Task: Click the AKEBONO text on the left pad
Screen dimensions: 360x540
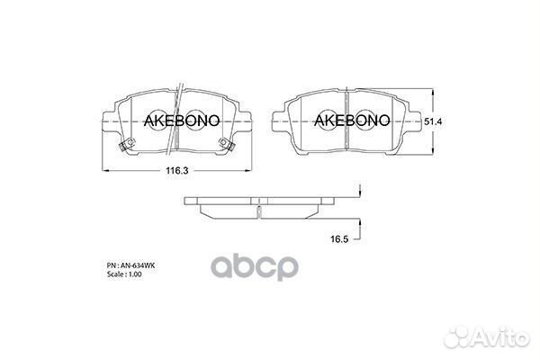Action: [x=178, y=120]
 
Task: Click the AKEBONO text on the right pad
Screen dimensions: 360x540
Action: [x=350, y=120]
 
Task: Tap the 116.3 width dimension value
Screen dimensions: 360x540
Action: [x=176, y=170]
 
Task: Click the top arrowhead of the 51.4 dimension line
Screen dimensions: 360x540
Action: [x=433, y=91]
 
